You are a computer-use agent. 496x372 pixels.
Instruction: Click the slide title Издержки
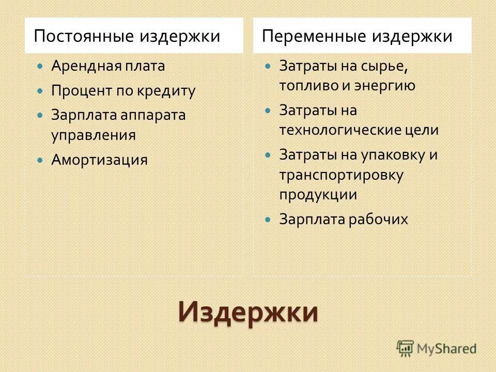point(248,312)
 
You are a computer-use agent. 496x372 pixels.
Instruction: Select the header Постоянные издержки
point(127,36)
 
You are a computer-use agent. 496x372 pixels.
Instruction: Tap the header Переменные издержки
point(357,36)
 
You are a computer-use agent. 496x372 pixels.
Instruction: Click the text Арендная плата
point(108,66)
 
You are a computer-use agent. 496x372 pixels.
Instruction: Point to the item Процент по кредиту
point(123,91)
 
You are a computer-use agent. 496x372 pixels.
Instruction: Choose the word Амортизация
point(99,160)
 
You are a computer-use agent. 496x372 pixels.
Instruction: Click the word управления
point(93,135)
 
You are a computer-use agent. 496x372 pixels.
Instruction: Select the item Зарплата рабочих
point(344,219)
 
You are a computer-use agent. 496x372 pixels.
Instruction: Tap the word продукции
point(318,194)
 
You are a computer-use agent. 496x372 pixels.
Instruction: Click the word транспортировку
point(342,175)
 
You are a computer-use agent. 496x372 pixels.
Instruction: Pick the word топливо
point(301,86)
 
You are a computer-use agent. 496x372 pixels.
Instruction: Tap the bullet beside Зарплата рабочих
point(267,220)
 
